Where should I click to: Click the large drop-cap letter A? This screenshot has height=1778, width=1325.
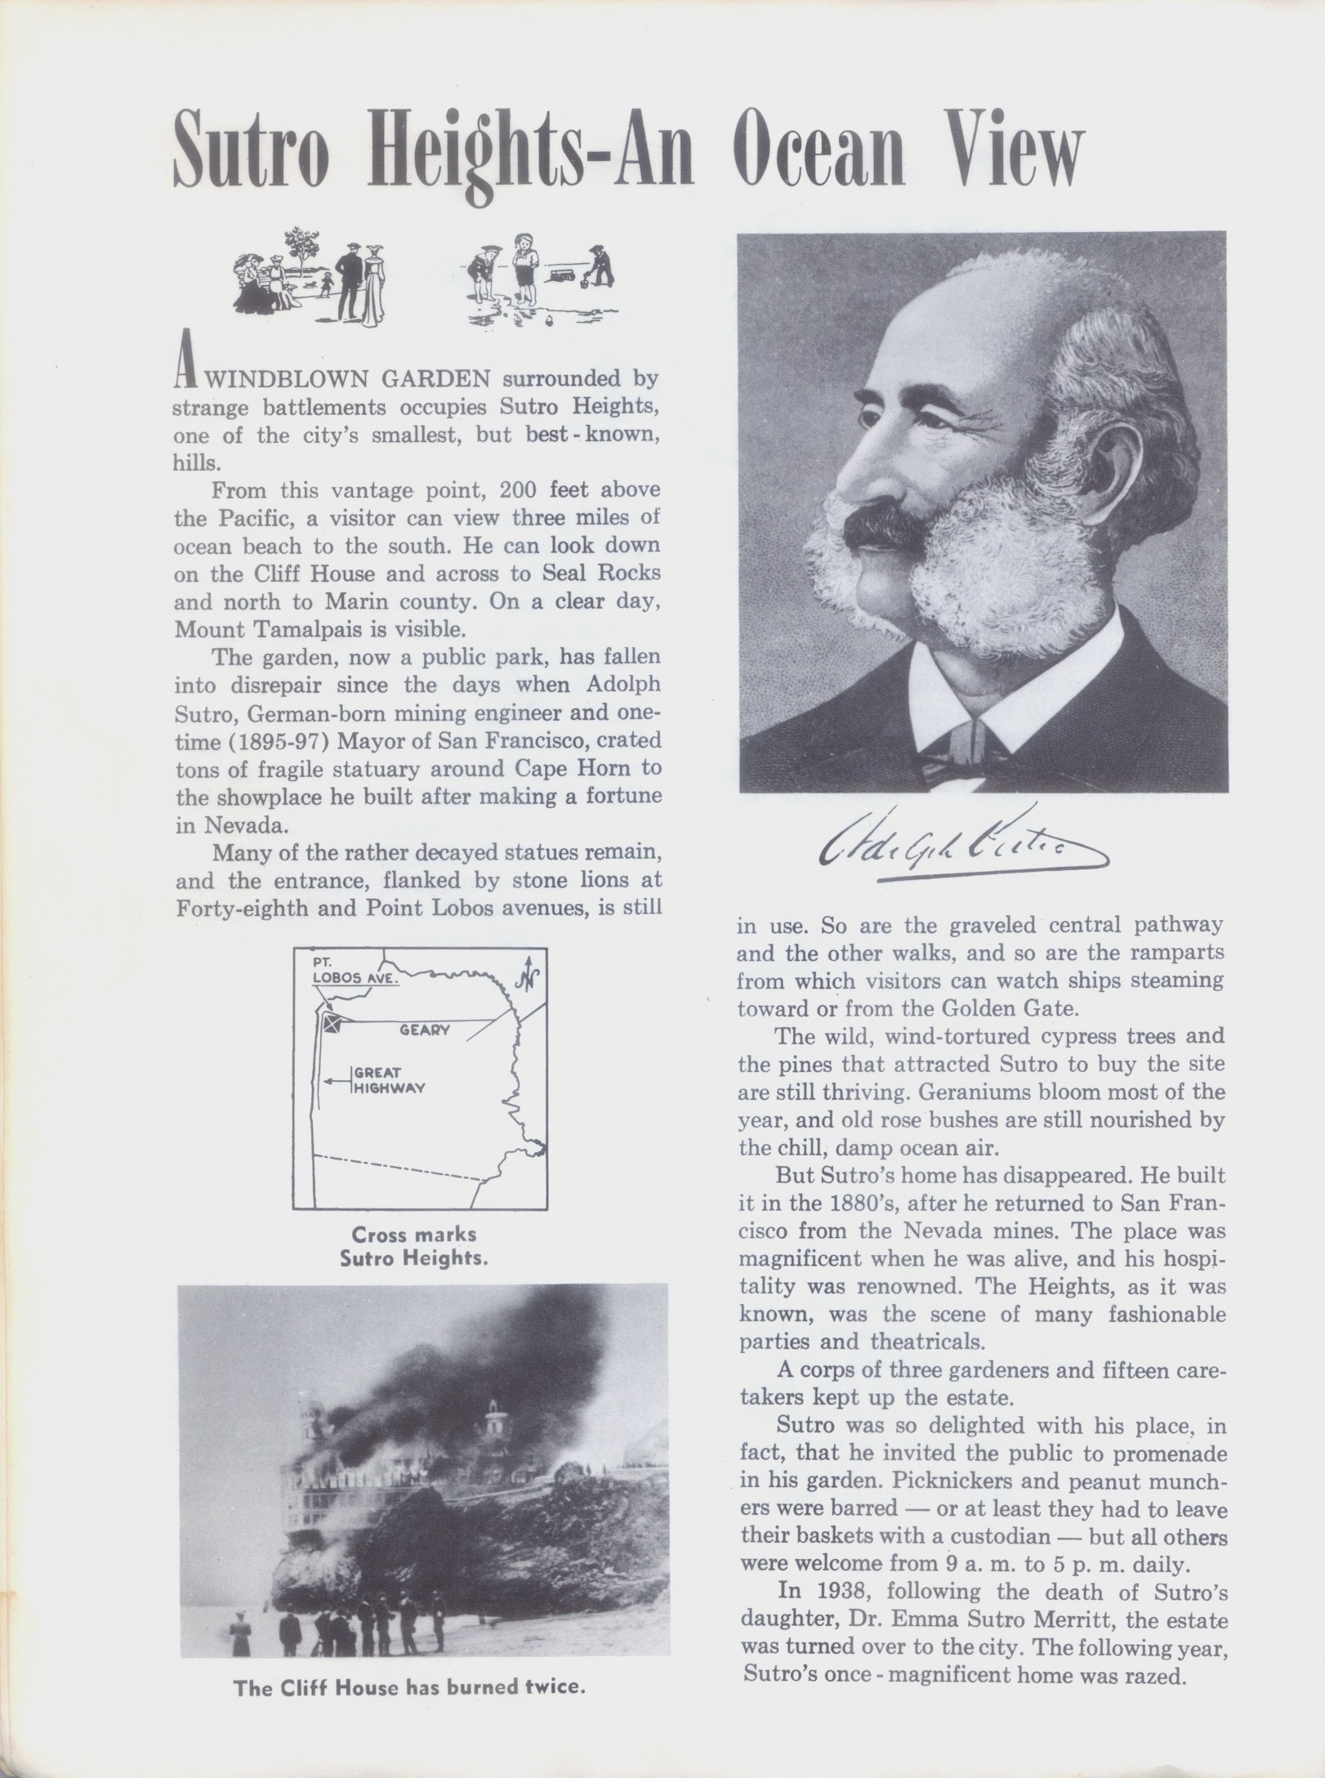[x=185, y=372]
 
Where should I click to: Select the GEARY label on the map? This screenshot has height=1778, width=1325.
[x=425, y=1030]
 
